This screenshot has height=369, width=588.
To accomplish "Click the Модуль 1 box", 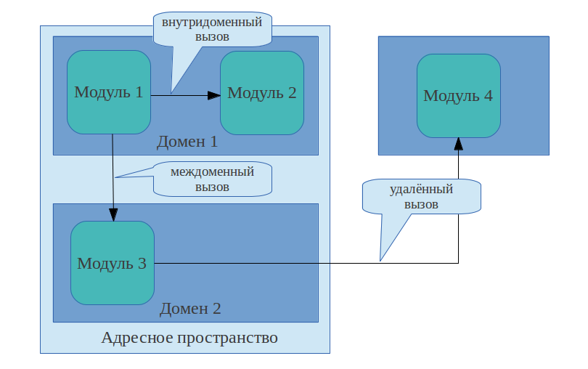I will [109, 92].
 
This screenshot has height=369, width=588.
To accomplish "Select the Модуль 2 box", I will [261, 92].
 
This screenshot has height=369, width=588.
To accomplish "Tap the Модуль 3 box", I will [112, 263].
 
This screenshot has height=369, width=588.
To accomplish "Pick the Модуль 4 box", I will [458, 95].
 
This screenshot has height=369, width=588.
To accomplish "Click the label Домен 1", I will [187, 142].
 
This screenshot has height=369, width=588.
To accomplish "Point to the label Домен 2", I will [190, 308].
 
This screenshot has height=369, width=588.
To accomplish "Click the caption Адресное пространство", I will [189, 338].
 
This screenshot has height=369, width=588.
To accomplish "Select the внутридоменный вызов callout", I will [211, 29].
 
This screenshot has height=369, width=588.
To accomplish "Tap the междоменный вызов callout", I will [212, 179].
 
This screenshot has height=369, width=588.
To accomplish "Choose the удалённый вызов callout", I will [422, 197].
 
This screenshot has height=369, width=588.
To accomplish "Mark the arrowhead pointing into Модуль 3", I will [113, 215].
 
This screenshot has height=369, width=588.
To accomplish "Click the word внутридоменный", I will [211, 23].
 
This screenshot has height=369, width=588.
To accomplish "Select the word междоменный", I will [212, 173].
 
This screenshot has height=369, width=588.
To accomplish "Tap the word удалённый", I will [422, 190].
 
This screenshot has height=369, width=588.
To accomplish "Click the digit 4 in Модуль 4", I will [488, 95].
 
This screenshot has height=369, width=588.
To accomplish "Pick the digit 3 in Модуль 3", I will [142, 263].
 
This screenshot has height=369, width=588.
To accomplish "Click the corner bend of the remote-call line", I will [458, 263].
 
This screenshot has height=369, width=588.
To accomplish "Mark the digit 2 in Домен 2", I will [216, 308].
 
